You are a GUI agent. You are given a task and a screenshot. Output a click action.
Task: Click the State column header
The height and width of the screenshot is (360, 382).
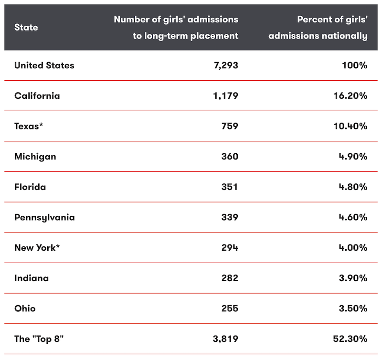pos(26,28)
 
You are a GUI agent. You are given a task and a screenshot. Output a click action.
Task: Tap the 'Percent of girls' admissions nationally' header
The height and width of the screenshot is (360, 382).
pos(318,28)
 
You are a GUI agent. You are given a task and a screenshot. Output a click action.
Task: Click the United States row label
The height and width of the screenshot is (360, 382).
pos(44,65)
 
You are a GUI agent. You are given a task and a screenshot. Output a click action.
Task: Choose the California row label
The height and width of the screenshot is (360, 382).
pos(37,95)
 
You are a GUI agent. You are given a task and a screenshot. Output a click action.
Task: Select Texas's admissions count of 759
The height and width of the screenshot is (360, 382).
pos(229,126)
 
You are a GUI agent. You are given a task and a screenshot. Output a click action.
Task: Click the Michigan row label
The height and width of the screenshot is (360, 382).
pos(35,157)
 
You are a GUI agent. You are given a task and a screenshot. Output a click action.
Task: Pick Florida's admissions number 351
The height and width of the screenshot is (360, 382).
pos(229,187)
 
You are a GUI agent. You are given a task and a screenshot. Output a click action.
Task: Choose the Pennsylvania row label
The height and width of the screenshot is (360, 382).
pos(44,217)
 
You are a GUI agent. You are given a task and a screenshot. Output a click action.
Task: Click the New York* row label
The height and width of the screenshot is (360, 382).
pos(37,248)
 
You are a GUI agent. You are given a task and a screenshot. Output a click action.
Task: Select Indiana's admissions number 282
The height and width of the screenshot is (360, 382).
pos(229,278)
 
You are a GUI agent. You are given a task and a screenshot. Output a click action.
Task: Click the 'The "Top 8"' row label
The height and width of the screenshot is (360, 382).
pos(39,339)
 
